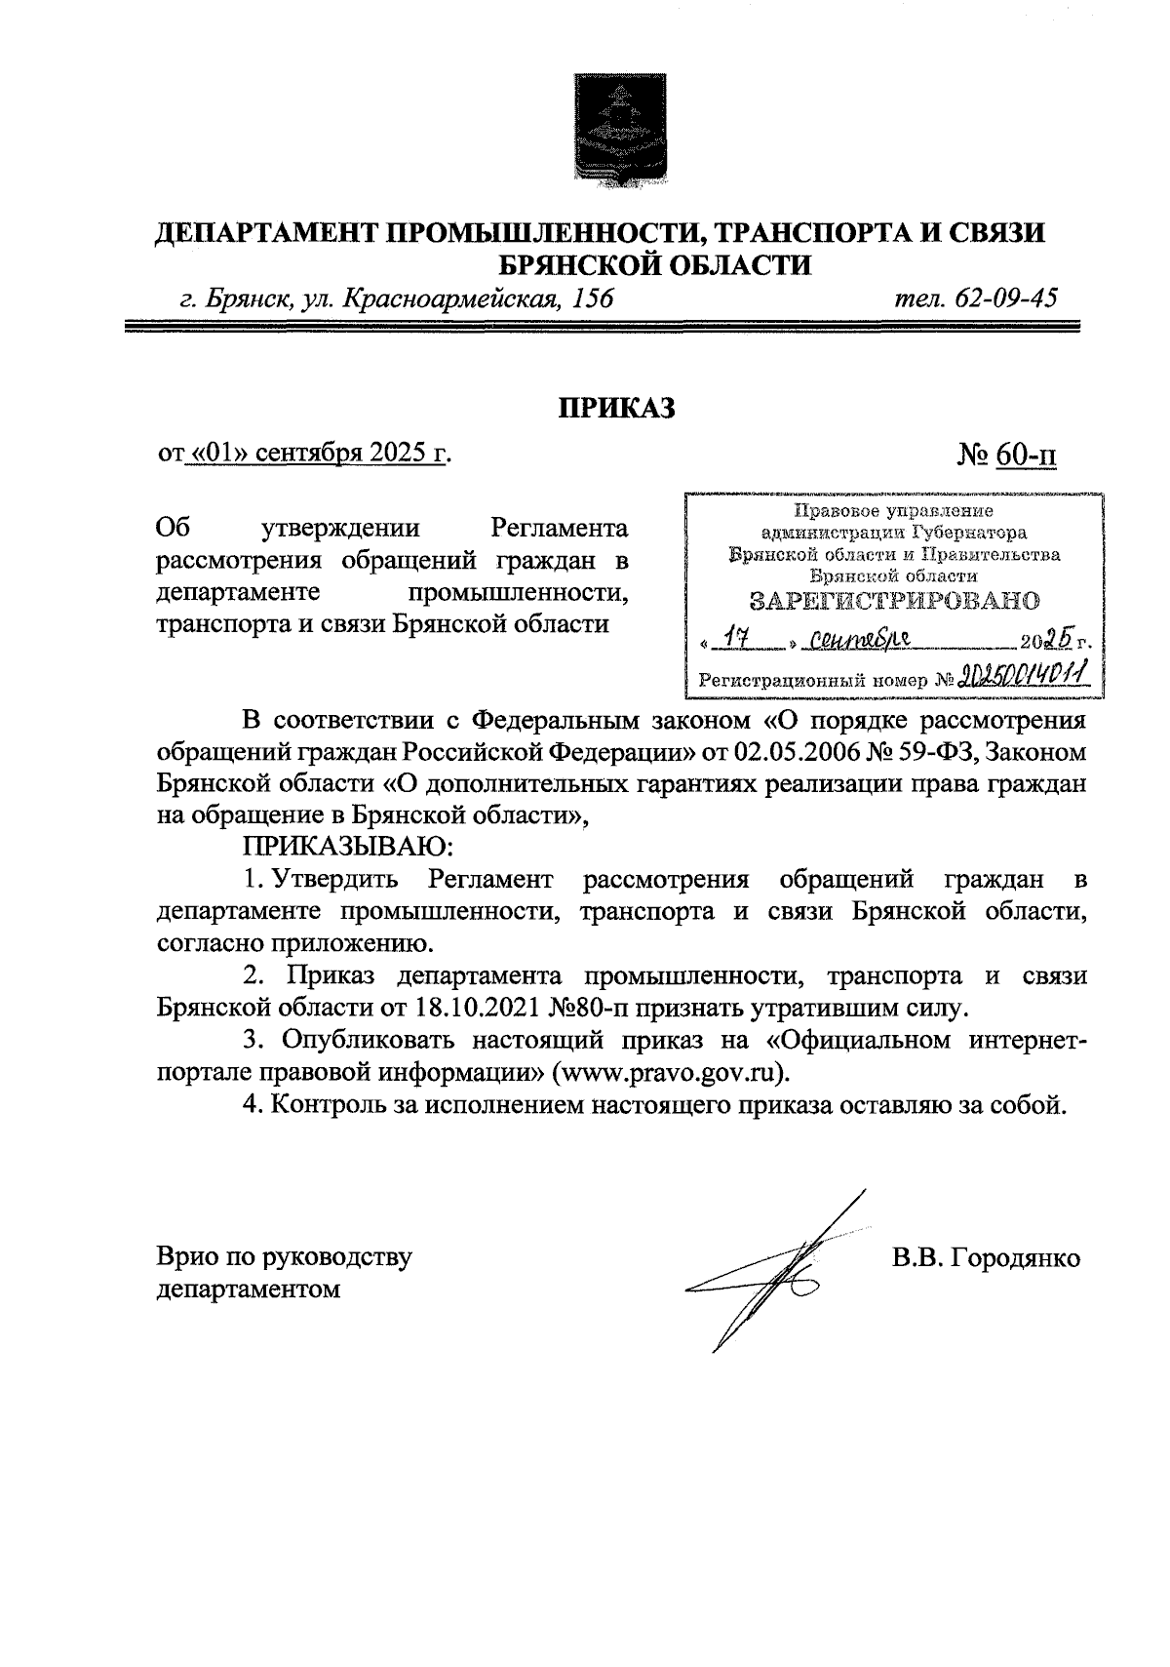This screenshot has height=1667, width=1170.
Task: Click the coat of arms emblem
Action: click(616, 131)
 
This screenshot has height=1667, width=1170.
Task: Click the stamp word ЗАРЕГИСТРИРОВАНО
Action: click(894, 600)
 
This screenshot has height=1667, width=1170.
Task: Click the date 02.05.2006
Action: click(796, 753)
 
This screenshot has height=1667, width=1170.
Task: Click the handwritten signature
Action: click(770, 1273)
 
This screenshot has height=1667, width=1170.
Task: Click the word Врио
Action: click(186, 1257)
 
